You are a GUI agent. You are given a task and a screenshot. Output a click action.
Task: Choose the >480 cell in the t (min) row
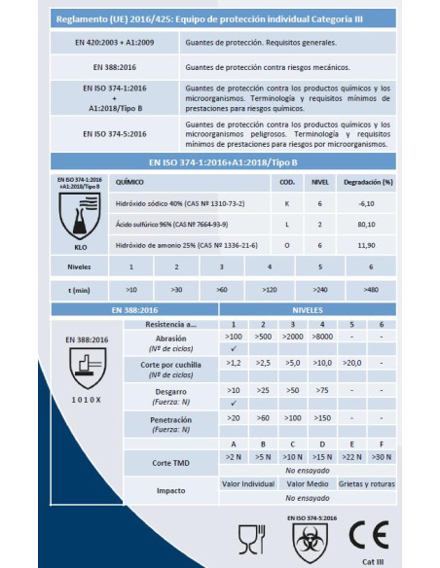tap(371, 289)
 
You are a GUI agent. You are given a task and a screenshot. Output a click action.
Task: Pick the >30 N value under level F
tap(383, 454)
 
